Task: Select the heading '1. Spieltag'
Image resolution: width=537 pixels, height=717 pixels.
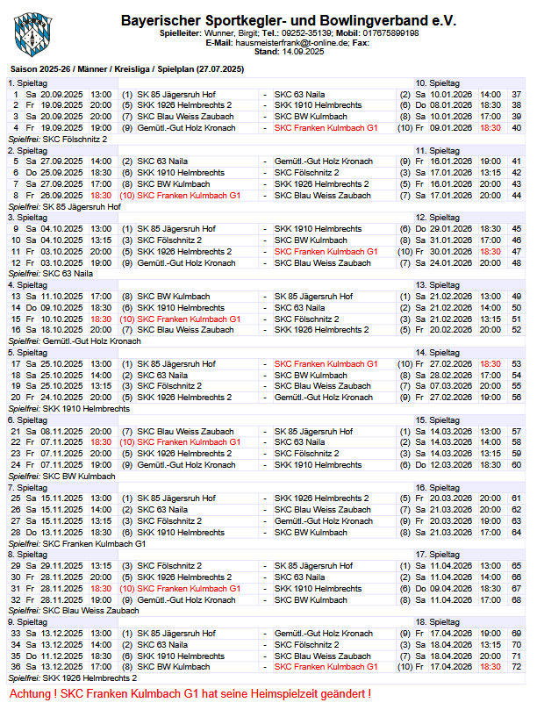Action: coord(28,82)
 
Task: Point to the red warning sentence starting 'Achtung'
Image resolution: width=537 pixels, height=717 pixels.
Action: coord(190,694)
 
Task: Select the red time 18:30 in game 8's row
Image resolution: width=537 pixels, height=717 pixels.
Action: coord(101,195)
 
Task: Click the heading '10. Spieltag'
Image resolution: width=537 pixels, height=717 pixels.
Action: coord(436,82)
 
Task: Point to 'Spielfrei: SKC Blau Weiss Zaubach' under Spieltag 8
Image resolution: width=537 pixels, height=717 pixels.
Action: coord(74,611)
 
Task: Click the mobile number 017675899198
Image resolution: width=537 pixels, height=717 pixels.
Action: coord(389,32)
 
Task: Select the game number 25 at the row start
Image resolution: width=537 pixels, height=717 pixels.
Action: coord(16,498)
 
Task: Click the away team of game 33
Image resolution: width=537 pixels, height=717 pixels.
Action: coord(317,634)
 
